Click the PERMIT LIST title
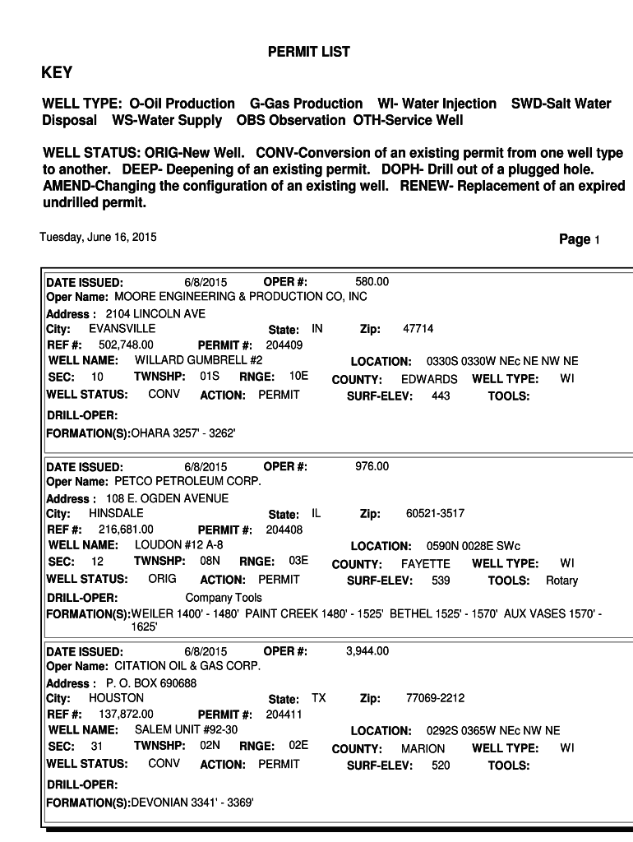(308, 52)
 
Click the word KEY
(57, 72)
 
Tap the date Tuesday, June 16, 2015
(98, 238)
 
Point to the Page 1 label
(579, 239)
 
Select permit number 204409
(284, 345)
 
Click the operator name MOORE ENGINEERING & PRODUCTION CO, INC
(240, 296)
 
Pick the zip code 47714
(418, 329)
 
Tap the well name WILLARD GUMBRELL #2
(198, 360)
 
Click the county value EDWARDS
(429, 379)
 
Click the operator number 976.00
(372, 466)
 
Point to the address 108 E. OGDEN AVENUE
(167, 498)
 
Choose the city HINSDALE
(116, 513)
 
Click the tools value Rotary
(561, 581)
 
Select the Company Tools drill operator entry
(224, 598)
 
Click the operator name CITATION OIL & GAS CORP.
(187, 665)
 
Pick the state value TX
(318, 698)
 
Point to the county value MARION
(423, 748)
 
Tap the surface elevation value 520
(441, 765)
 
